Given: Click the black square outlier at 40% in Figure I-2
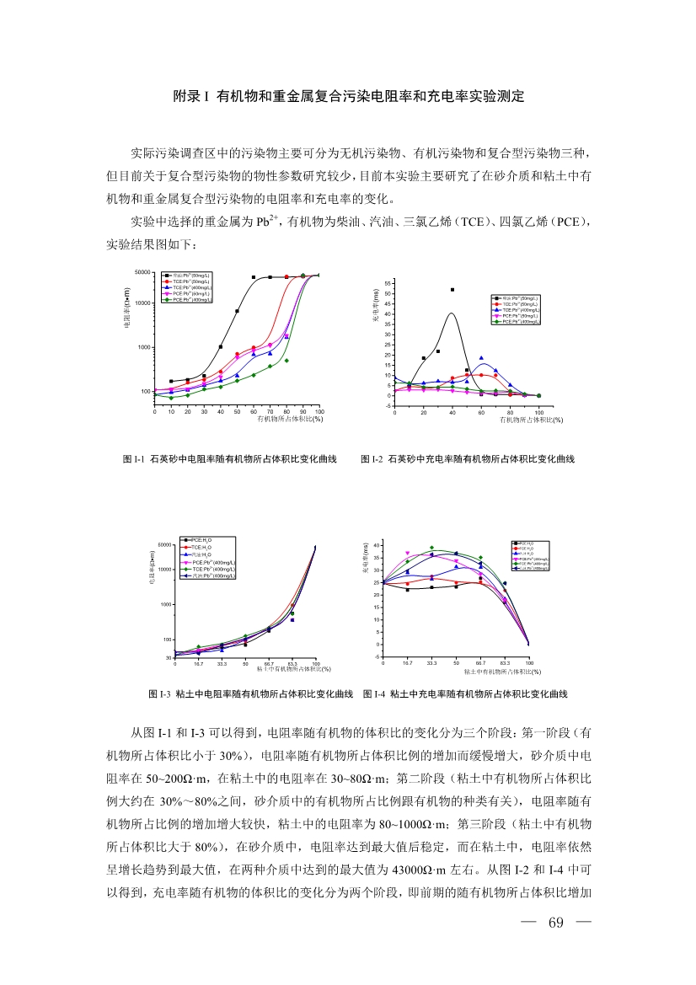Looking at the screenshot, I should pyautogui.click(x=452, y=290).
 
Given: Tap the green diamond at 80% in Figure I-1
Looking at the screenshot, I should pyautogui.click(x=286, y=361).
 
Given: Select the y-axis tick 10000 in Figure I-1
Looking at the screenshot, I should pyautogui.click(x=142, y=302).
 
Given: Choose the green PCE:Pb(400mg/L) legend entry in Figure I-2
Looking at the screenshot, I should pyautogui.click(x=518, y=322).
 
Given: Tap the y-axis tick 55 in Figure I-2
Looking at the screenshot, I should pyautogui.click(x=388, y=283).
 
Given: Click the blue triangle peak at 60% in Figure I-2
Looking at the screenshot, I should pyautogui.click(x=481, y=358).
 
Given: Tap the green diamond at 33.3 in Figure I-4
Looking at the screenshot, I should pyautogui.click(x=431, y=548).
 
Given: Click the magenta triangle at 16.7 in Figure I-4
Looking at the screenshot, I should pyautogui.click(x=407, y=554).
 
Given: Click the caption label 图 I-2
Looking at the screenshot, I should pyautogui.click(x=372, y=459).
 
